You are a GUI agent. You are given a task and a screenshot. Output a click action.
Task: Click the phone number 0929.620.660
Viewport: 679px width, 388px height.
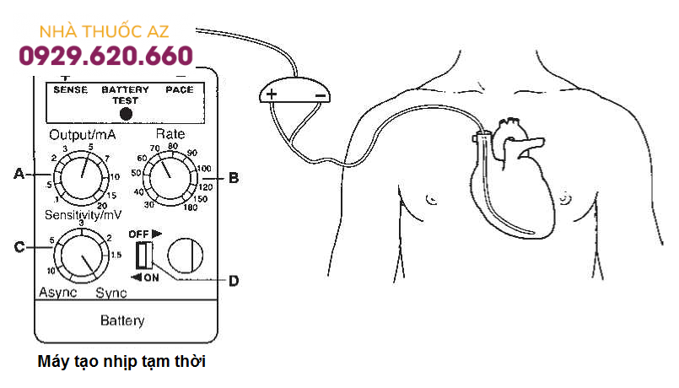click(x=105, y=57)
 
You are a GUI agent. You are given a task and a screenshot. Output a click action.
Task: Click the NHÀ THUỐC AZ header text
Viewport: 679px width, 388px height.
click(x=105, y=31)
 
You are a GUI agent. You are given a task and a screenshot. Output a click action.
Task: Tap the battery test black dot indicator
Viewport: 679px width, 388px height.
click(x=126, y=113)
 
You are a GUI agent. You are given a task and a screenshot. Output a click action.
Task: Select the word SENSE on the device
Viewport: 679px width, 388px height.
click(x=70, y=89)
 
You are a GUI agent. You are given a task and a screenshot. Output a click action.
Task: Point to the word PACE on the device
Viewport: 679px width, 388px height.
click(x=179, y=89)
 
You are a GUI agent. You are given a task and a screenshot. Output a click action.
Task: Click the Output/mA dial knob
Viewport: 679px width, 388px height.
click(x=81, y=175)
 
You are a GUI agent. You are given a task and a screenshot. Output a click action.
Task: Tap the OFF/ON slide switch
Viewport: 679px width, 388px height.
click(x=143, y=255)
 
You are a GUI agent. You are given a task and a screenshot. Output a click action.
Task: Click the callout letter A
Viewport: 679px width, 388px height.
click(x=19, y=175)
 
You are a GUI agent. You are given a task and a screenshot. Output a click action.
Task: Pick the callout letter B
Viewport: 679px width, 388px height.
click(x=234, y=178)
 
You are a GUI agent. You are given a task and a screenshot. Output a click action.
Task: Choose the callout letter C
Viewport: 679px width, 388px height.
click(x=19, y=248)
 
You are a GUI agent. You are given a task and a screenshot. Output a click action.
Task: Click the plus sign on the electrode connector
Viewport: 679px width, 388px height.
click(x=272, y=95)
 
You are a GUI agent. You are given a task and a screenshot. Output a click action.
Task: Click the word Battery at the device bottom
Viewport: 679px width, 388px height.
click(x=122, y=321)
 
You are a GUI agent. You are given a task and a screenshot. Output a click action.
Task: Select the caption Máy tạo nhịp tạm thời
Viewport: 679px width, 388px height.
click(x=122, y=362)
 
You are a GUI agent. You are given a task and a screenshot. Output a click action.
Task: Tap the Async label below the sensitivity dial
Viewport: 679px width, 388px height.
click(x=57, y=293)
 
